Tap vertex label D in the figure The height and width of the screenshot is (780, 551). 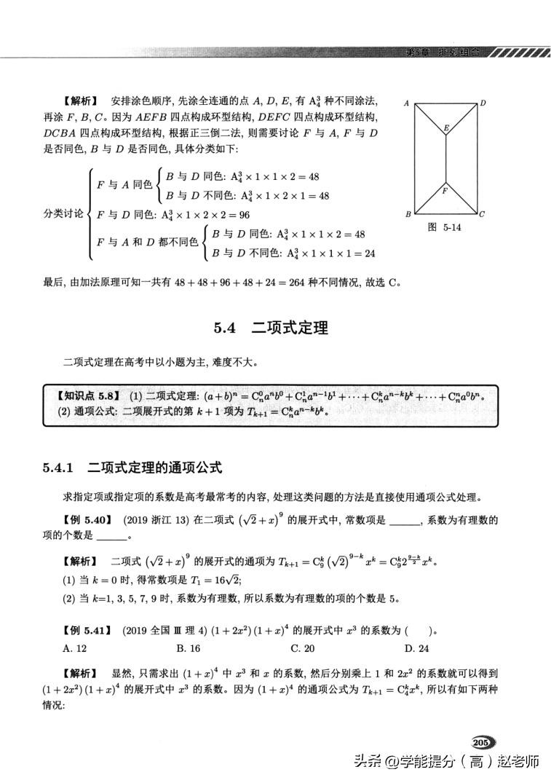(483, 103)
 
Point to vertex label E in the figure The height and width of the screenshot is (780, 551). (447, 127)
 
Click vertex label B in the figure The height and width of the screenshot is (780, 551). (408, 214)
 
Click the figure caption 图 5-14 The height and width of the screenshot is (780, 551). (445, 227)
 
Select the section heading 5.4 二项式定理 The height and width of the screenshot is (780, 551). (270, 328)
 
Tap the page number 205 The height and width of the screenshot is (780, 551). (481, 741)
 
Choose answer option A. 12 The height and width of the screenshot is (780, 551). (75, 647)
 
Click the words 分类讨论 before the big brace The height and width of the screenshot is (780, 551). (62, 215)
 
